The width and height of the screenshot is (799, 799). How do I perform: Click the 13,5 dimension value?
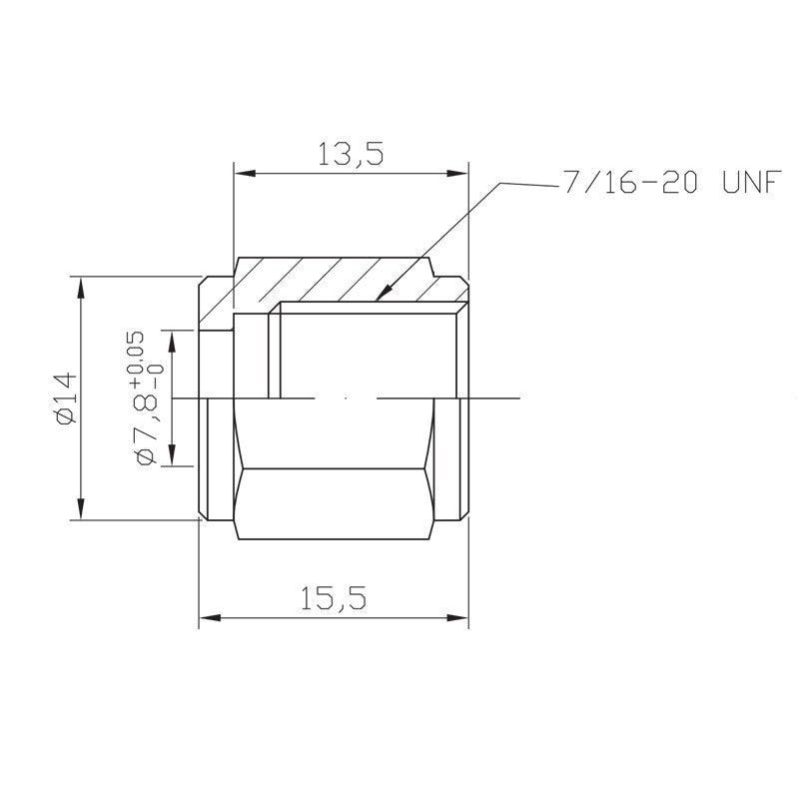tap(351, 154)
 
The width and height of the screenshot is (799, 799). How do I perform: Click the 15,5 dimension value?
tap(334, 598)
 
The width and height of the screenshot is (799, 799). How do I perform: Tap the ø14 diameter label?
tap(66, 399)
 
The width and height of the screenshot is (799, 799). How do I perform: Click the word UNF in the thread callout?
tap(752, 182)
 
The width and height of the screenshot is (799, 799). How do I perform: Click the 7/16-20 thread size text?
tap(630, 182)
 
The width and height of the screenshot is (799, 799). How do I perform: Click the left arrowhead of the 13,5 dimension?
tap(245, 173)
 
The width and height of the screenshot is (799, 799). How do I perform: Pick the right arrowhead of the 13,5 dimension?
tap(457, 173)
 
